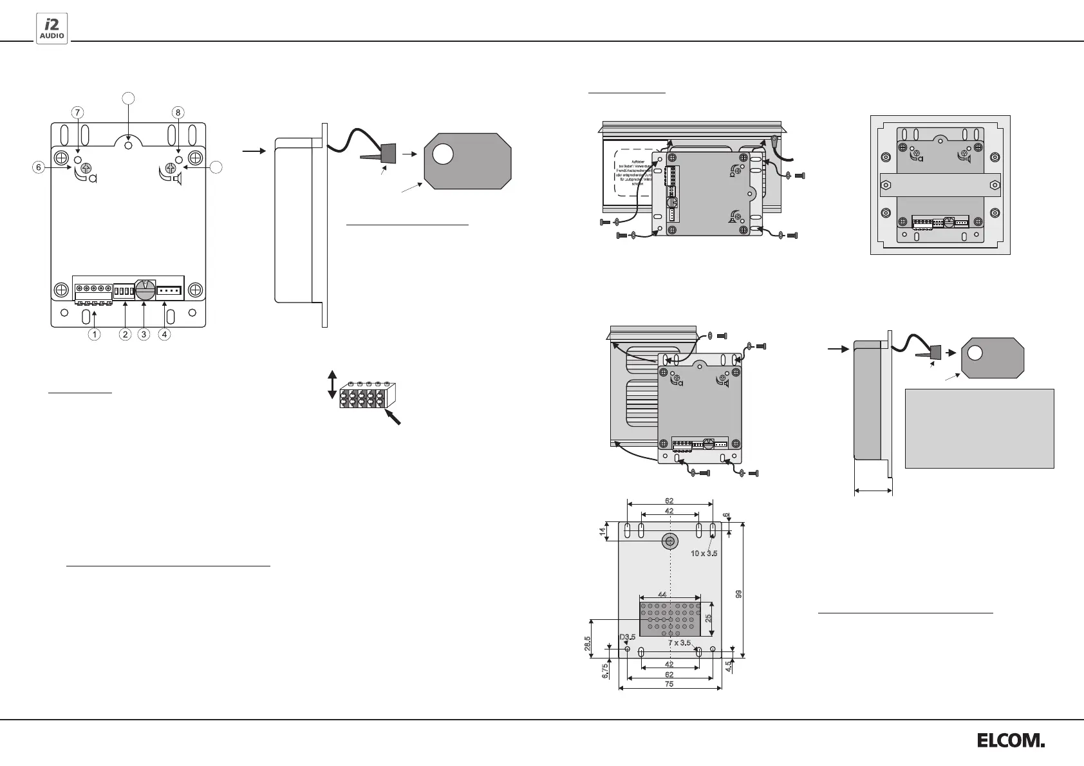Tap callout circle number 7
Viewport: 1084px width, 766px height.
point(77,112)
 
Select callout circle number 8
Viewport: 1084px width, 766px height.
point(178,112)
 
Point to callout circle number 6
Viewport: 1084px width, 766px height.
point(39,167)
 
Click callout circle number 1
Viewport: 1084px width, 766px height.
point(95,334)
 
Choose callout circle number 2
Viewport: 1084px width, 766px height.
point(125,334)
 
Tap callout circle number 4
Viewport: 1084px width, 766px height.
point(165,334)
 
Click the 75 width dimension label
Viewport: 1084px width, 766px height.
point(669,684)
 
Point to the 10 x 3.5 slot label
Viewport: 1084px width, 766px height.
point(704,553)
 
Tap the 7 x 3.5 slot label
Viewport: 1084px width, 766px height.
point(679,642)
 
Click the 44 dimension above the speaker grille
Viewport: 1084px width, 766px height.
point(662,595)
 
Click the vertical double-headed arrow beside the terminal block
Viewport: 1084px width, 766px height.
point(332,384)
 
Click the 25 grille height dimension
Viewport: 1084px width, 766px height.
point(708,618)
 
